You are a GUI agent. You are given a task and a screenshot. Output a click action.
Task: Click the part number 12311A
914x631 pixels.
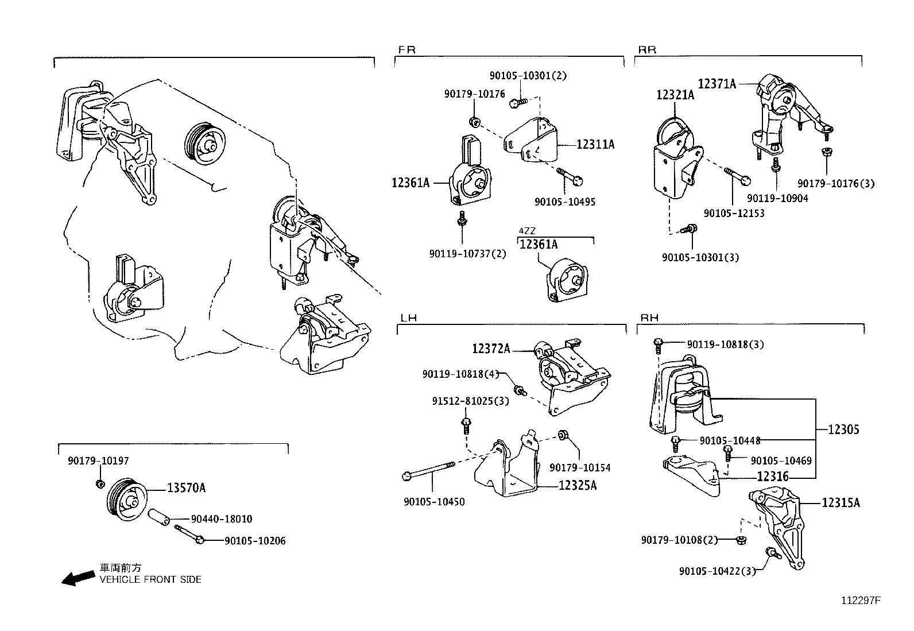595,145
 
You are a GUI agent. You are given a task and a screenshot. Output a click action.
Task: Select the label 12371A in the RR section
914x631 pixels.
717,84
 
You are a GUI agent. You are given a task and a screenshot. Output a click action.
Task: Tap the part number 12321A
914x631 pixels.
675,95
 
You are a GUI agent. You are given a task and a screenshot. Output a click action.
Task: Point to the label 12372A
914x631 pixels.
491,349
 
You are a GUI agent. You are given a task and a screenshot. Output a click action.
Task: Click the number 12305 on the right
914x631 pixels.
843,429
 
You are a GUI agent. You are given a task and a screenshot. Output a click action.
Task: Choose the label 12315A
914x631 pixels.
841,503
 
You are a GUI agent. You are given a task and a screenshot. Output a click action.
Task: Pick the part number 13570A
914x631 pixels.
186,489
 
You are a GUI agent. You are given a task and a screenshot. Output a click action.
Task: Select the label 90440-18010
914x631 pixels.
221,519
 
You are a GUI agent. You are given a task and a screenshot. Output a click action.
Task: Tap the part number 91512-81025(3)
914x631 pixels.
470,401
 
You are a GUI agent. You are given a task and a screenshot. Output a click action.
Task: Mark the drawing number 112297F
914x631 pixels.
861,601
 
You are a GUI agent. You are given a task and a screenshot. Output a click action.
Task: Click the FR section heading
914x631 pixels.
406,50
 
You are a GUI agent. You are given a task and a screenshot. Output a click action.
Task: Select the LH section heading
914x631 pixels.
408,318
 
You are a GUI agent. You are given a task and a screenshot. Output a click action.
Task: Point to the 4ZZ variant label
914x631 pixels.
527,231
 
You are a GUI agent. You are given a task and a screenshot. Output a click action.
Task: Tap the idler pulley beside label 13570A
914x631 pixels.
126,497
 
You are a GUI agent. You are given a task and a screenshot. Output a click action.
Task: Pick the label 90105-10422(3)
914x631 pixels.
717,571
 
